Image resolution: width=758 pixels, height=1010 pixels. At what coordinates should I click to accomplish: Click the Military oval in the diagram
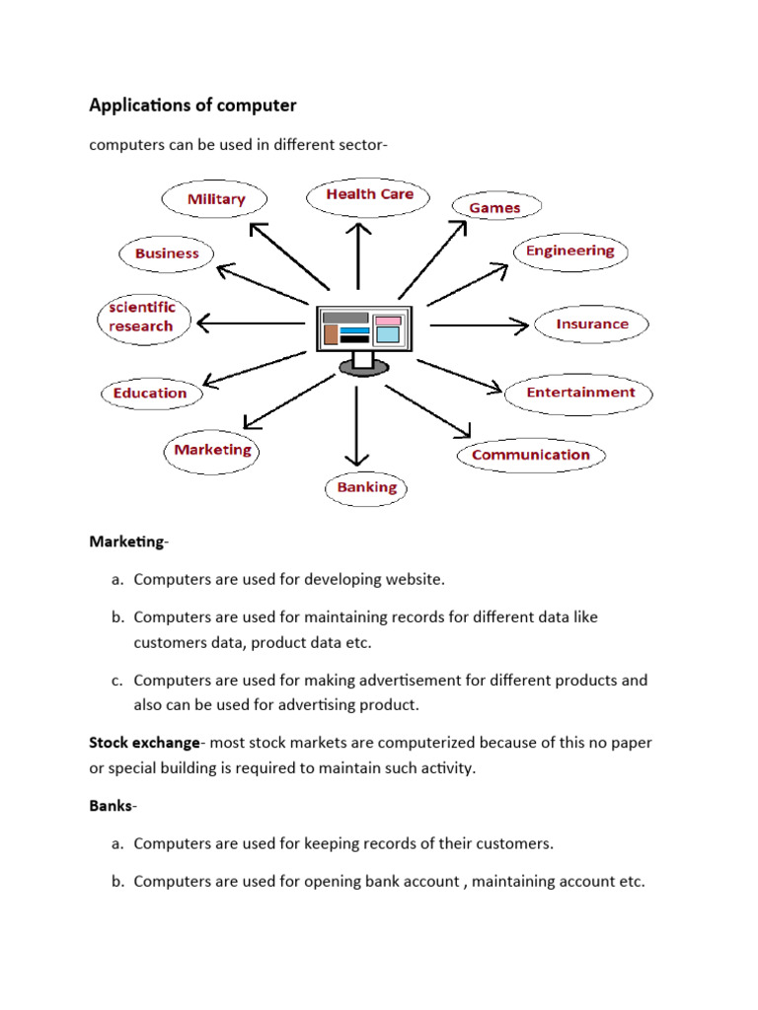tap(216, 199)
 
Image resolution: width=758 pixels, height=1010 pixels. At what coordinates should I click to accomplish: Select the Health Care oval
tap(369, 194)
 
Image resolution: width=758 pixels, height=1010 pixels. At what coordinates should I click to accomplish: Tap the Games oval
tap(494, 207)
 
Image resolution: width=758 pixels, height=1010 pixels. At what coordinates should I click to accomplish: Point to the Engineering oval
tap(569, 251)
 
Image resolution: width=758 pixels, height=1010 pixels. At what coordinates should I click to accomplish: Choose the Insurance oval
tap(591, 324)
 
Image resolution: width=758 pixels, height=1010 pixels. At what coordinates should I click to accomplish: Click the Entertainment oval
tap(580, 392)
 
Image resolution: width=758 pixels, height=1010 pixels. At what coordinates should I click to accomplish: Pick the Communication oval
tap(530, 455)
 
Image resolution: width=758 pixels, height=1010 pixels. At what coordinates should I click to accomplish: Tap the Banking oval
tap(366, 487)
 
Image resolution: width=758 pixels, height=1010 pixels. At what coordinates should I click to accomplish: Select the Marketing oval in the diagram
tap(212, 450)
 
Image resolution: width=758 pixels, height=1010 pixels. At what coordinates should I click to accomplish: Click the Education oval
tap(149, 393)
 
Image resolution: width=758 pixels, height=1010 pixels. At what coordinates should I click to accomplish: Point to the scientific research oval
tap(141, 317)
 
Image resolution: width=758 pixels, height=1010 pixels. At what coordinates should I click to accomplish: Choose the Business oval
tap(167, 253)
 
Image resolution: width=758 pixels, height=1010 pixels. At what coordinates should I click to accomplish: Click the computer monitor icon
tap(361, 335)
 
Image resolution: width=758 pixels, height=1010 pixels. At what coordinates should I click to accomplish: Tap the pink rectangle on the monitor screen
tap(388, 320)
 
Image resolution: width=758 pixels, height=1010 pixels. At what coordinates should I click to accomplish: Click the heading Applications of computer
tap(192, 105)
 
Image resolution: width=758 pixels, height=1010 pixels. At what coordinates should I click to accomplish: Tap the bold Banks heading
tap(111, 806)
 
